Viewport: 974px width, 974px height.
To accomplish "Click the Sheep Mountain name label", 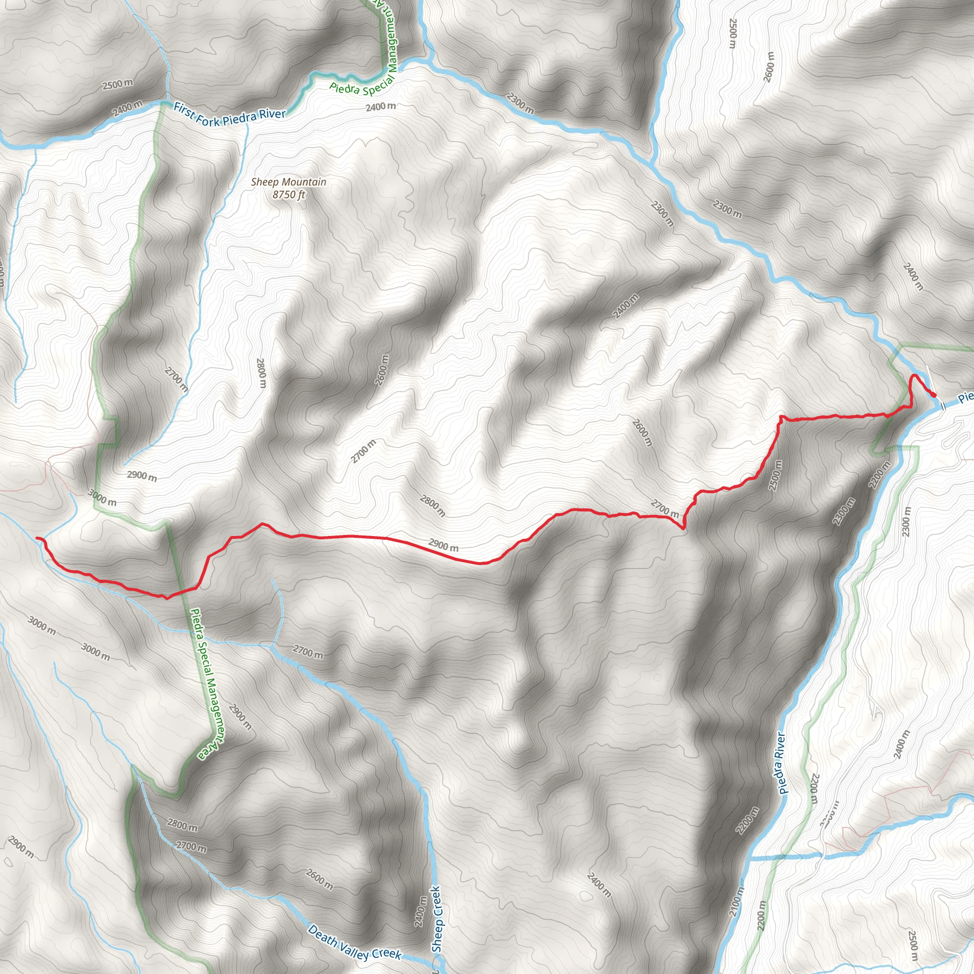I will (288, 182).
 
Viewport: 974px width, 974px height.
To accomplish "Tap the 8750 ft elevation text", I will (289, 195).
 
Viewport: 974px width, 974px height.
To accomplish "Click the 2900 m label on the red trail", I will (444, 545).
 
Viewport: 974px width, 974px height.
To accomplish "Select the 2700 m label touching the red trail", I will (664, 507).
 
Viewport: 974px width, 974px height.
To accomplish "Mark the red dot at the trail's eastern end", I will (934, 395).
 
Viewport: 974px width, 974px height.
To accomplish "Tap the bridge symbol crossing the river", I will (943, 405).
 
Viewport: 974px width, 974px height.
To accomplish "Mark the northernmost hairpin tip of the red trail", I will (914, 377).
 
